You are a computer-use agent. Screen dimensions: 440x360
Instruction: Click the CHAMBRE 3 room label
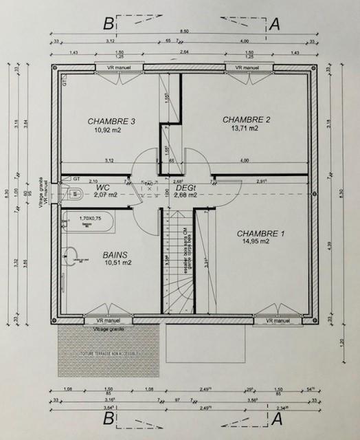tap(111, 121)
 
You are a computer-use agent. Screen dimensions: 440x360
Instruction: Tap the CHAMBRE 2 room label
tap(247, 119)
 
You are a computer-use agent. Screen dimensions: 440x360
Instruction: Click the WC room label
tap(103, 187)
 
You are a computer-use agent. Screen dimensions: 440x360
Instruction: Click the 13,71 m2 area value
tap(245, 128)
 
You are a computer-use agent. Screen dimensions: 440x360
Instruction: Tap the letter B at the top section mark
tap(108, 23)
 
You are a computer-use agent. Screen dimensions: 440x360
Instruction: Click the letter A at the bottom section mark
tap(277, 417)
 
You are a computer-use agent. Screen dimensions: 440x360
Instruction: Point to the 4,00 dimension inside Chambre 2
tap(245, 160)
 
